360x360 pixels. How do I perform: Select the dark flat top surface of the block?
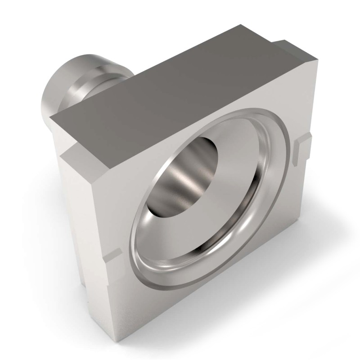point(180,85)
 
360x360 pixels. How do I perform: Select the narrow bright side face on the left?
point(76,216)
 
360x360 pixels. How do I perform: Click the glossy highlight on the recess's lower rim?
point(180,279)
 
